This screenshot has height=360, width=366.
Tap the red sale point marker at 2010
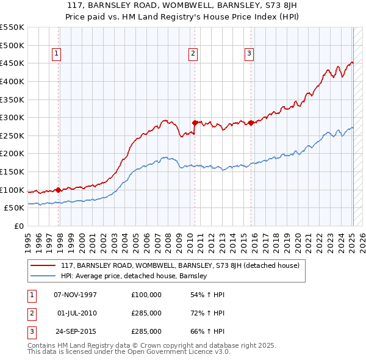point(195,123)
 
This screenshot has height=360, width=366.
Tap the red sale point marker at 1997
point(59,190)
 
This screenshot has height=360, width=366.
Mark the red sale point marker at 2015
point(251,123)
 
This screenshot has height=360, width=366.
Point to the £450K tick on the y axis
point(12,63)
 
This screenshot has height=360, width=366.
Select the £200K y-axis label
point(12,154)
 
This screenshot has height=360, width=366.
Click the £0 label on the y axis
point(18,226)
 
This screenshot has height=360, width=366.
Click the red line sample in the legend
point(43,266)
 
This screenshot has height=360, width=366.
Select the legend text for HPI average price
point(134,276)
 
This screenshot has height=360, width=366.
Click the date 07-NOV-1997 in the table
point(76,295)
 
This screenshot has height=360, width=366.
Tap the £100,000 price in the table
point(146,295)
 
